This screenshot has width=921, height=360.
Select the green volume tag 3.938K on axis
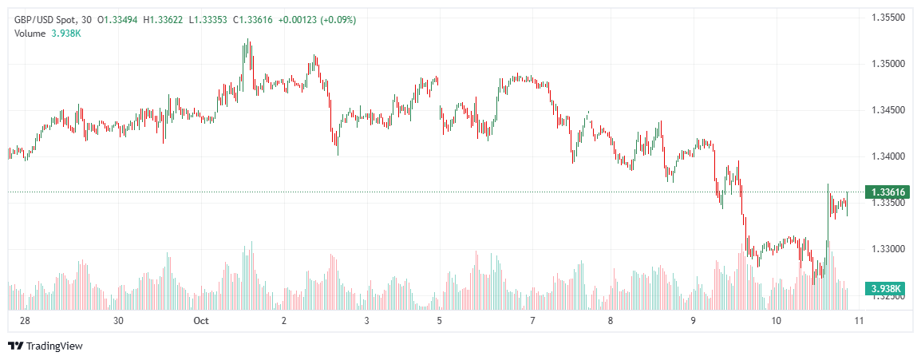coord(886,288)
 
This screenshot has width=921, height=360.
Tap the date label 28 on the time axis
coord(25,321)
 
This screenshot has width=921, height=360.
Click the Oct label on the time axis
coord(200,321)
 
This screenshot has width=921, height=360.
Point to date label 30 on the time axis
coord(118,321)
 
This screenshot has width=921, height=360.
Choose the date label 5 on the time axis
coord(439,321)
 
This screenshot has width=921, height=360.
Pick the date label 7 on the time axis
coord(532,321)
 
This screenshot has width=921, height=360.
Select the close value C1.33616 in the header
coord(253,19)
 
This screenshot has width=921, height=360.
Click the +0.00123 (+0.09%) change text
coord(317,19)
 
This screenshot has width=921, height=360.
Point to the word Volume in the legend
coord(30,33)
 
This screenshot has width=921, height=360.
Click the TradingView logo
coord(45,346)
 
